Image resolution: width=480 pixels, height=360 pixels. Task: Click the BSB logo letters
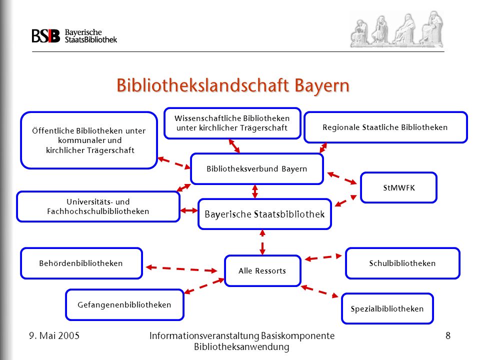46,36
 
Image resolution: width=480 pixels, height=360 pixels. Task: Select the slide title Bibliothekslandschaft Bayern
233,85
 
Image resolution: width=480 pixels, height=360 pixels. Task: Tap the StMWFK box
398,187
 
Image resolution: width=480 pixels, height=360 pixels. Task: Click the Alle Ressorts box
262,271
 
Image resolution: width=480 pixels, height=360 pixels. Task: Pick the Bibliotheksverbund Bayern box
257,168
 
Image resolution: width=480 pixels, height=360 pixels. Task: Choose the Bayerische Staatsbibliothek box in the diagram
265,214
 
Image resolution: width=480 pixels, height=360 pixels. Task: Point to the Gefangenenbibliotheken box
124,305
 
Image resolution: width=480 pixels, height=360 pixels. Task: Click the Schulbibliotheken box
402,263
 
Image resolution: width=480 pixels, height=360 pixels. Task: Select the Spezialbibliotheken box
387,308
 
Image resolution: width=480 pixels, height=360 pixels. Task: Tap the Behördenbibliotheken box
81,263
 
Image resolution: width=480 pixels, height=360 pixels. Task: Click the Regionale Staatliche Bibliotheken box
385,127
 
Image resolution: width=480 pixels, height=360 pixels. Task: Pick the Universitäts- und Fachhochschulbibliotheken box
98,206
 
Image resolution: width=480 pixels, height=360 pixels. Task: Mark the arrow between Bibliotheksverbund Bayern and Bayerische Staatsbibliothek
255,191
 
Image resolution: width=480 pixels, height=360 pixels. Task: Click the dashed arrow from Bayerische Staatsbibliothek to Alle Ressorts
262,242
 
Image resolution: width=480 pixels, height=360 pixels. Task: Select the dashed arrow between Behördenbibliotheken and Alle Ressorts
181,269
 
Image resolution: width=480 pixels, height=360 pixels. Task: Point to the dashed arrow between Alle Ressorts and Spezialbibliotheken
319,291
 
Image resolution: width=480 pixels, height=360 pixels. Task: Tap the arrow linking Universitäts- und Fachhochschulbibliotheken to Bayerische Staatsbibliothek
189,210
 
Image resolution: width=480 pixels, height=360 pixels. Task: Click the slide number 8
448,336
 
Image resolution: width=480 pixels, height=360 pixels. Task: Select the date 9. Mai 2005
54,336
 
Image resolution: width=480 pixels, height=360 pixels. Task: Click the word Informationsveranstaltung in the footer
204,336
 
